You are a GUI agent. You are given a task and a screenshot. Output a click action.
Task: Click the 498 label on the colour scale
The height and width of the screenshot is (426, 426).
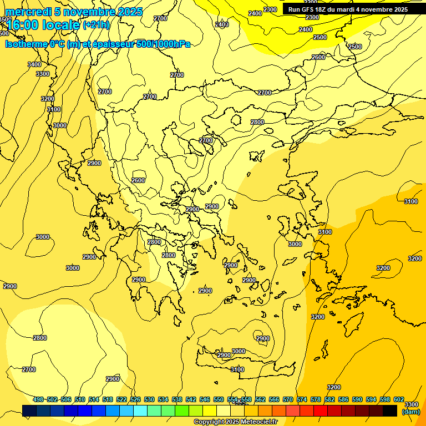click(x=38, y=399)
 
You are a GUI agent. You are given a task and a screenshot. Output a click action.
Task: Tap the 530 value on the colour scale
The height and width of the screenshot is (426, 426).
click(x=149, y=399)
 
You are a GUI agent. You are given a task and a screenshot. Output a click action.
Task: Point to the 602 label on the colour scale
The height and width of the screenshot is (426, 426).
click(x=399, y=399)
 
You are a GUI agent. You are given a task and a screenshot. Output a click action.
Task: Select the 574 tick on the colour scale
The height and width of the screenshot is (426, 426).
click(x=302, y=399)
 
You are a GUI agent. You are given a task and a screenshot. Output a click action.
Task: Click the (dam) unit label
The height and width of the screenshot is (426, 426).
click(x=410, y=412)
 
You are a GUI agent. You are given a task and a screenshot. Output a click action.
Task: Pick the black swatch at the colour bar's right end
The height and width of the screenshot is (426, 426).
click(x=390, y=410)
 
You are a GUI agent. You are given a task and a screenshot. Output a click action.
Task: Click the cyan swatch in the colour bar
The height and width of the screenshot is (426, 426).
click(x=140, y=410)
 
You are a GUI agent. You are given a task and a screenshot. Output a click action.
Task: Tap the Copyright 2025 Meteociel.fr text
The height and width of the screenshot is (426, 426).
click(x=235, y=422)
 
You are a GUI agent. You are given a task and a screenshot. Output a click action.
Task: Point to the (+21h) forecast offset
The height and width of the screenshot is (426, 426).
click(x=96, y=25)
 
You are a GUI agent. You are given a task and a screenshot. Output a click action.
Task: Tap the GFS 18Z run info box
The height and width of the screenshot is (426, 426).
click(x=348, y=9)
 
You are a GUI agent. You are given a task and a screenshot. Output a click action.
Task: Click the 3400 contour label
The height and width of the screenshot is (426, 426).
click(x=34, y=64)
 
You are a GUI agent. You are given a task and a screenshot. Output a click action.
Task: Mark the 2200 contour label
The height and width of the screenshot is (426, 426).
click(x=311, y=2)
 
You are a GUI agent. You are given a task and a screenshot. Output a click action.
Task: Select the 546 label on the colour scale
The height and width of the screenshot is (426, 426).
click(x=205, y=399)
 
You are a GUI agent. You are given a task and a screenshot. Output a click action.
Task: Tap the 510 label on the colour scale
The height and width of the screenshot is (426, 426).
click(x=80, y=399)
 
